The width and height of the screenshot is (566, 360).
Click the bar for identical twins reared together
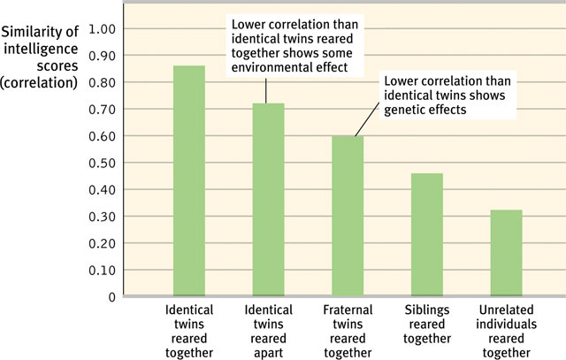click(x=189, y=180)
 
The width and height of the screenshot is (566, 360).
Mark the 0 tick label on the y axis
click(x=111, y=296)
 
